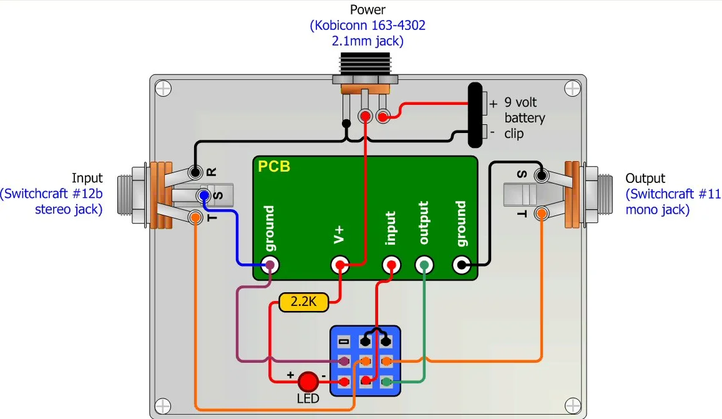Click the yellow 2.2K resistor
303,303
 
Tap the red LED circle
308,382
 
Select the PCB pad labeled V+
339,265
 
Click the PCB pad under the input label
391,265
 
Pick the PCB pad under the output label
424,265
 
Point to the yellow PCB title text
274,167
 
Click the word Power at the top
367,10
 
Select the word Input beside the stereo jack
87,179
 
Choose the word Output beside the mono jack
645,179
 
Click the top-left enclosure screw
163,88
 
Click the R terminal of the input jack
196,172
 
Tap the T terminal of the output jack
541,213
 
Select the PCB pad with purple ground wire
270,265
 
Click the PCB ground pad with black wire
461,265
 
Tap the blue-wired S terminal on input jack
203,196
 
